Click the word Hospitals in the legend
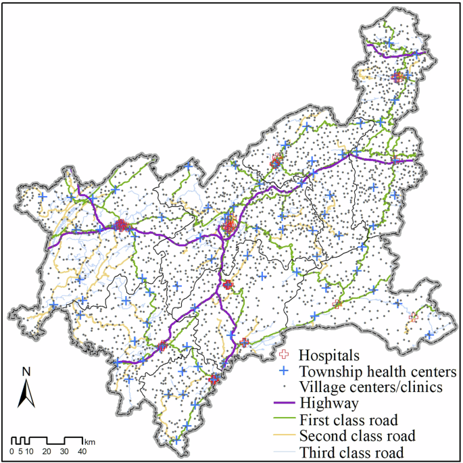coord(328,354)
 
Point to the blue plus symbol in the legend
coord(285,371)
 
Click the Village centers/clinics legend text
coord(371,387)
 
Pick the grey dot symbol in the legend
coord(285,387)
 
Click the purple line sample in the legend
coord(285,404)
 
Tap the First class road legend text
coord(348,420)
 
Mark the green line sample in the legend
coord(285,420)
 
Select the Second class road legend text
coord(357,436)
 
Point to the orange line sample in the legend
coord(285,436)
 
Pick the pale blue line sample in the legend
coord(285,452)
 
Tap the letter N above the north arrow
coord(26,371)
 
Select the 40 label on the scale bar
coord(82,451)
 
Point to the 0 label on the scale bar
coord(12,451)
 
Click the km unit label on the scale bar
coord(90,441)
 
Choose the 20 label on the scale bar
coord(47,451)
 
